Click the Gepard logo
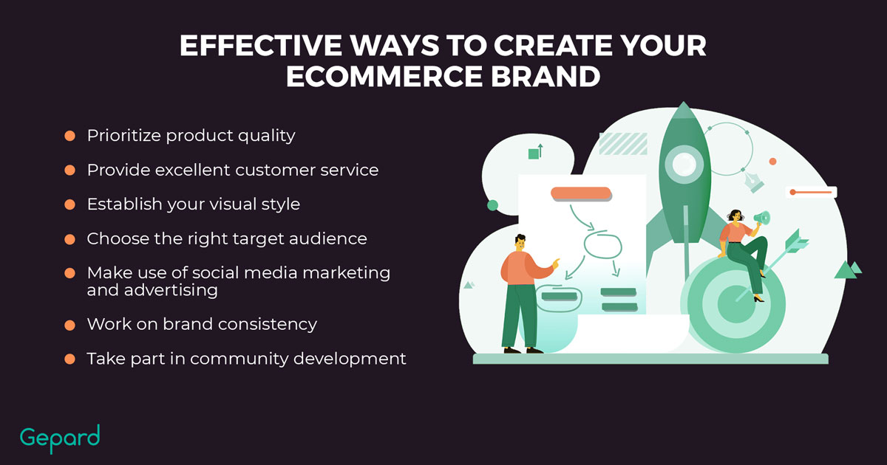[x=60, y=439]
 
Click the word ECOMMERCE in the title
[x=384, y=76]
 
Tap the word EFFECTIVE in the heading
[x=261, y=46]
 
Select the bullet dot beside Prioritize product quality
[x=69, y=136]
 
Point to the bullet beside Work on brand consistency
[x=69, y=325]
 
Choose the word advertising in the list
[x=171, y=291]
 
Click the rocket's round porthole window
[x=684, y=164]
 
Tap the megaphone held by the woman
[x=762, y=218]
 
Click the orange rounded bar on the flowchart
[x=581, y=193]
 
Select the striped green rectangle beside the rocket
[x=623, y=143]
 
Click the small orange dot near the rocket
[x=772, y=162]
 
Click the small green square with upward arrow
[x=535, y=152]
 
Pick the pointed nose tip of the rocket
[x=683, y=102]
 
